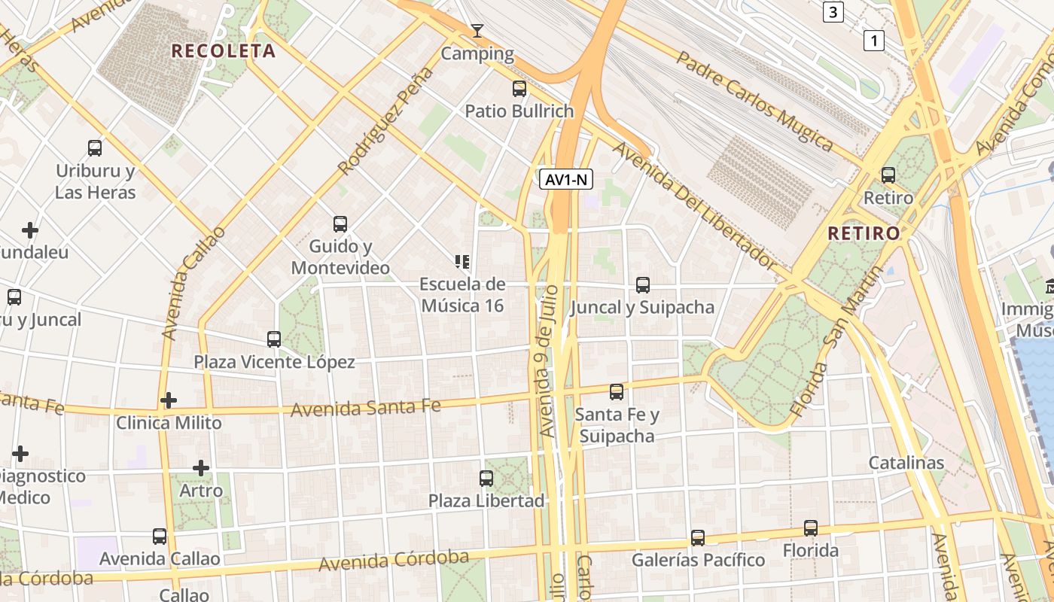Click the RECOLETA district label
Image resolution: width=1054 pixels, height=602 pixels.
(224, 51)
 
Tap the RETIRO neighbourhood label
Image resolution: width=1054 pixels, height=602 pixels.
(864, 233)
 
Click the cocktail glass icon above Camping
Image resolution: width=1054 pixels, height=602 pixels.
(477, 31)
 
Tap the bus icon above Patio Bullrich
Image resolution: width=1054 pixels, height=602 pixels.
(519, 89)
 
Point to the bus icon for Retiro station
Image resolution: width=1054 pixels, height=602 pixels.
(888, 175)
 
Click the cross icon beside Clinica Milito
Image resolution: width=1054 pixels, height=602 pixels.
(169, 400)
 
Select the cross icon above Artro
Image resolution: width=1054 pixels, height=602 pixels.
(201, 468)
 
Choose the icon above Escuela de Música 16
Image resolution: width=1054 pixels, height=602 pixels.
(462, 262)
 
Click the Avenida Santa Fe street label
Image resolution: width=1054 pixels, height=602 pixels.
(366, 408)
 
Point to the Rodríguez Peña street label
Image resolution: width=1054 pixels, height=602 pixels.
(386, 120)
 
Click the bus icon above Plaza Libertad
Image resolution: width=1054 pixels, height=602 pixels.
(486, 478)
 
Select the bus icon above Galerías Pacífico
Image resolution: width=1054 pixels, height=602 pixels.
(698, 538)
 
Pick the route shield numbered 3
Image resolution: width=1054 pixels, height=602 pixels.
(833, 12)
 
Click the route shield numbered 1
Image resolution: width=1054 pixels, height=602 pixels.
(873, 41)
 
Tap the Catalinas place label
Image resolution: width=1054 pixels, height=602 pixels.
(906, 463)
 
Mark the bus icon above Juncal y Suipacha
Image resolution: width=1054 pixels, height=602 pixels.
(642, 285)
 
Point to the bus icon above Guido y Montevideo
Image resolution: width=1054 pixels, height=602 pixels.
(340, 223)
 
